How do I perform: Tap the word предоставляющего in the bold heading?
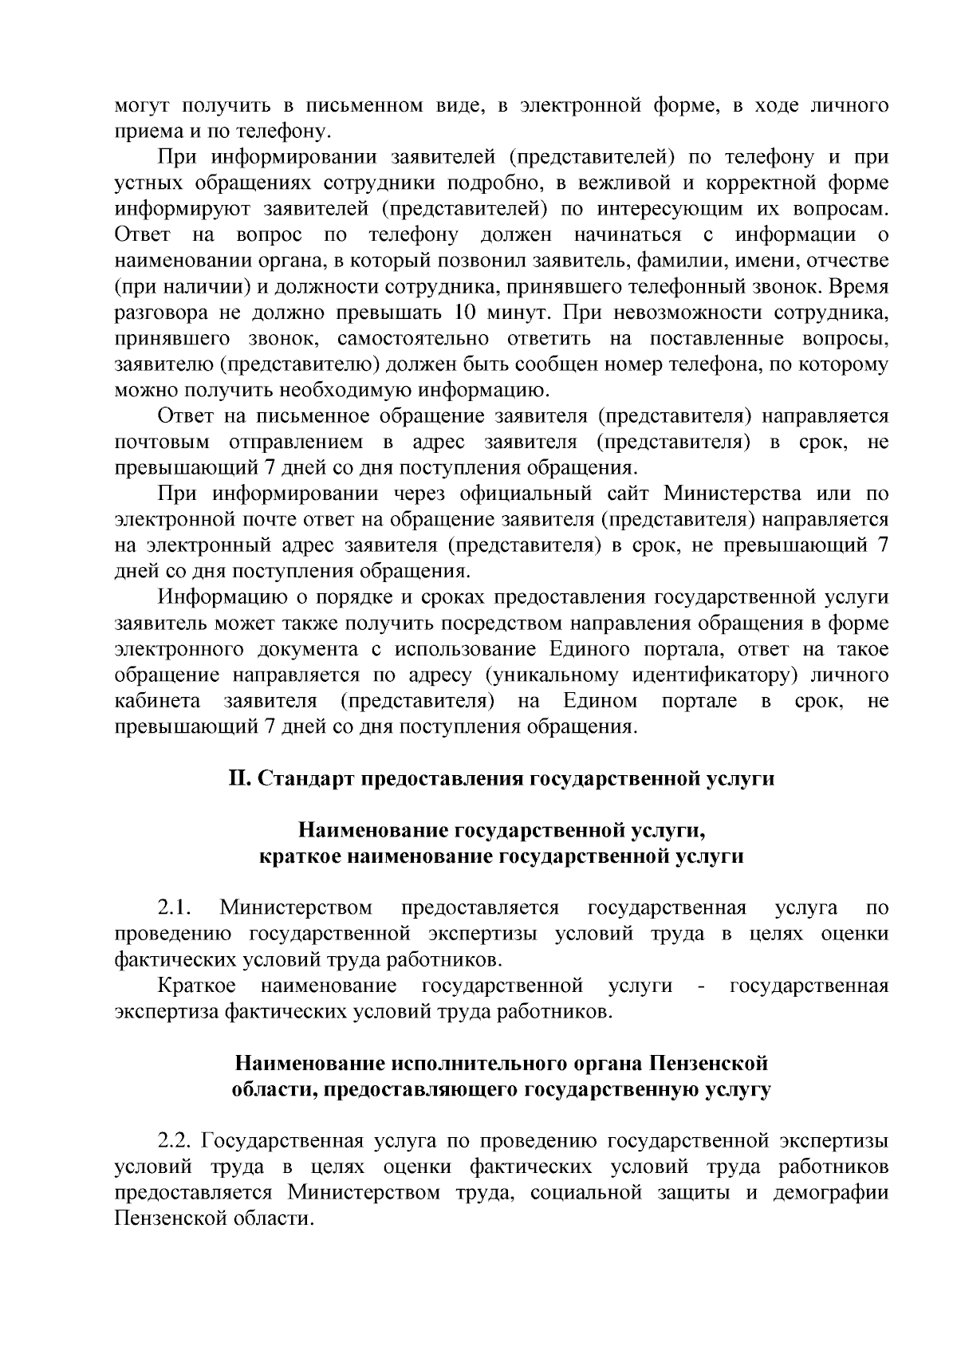coord(419,1089)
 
